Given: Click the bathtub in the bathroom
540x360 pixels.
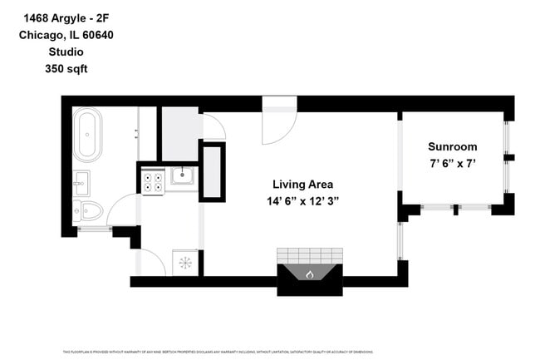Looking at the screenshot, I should (86, 135).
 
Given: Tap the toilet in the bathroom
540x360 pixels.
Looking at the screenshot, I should (88, 211).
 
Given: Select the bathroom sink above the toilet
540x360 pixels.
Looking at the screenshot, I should (81, 181).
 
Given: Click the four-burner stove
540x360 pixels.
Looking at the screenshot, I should (152, 181).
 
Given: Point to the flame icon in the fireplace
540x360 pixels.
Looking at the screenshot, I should (309, 274).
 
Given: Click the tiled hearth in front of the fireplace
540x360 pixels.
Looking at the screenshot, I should (309, 254).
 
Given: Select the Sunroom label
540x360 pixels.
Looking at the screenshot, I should (452, 146).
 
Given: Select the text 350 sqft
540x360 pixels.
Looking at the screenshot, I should (66, 69).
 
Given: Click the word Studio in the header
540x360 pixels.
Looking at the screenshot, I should (66, 52).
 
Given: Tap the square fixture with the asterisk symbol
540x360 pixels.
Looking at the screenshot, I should (184, 263).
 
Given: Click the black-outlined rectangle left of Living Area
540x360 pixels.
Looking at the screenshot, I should (213, 172).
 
